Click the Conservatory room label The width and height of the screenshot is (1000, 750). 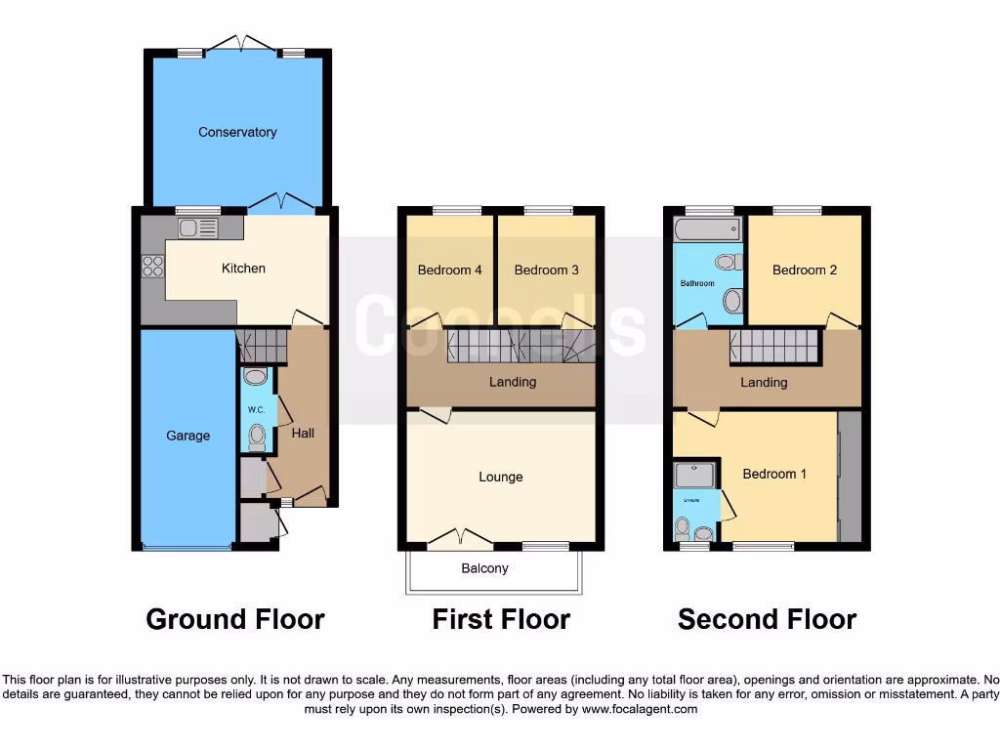pos(237,132)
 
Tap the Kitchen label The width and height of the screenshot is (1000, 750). pos(243,268)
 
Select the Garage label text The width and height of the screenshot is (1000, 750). pos(187,436)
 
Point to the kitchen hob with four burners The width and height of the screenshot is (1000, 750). pos(153,266)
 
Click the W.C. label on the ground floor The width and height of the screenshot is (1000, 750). pos(256,410)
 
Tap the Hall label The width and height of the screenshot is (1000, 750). pos(302,432)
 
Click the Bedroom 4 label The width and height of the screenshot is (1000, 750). pos(449,271)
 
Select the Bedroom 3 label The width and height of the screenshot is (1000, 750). pos(546,271)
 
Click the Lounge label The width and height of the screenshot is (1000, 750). pos(500,477)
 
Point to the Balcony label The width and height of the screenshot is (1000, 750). pos(484,568)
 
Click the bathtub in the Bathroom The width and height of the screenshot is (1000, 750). pos(705,230)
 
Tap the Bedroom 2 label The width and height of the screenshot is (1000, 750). pos(805,271)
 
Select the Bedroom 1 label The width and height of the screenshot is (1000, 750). pos(774,474)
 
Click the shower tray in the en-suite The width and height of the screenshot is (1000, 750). pos(694,476)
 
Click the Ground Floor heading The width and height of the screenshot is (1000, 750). pos(234,619)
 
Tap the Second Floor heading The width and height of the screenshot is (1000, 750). pos(767,619)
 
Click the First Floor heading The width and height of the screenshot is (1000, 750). pos(501,619)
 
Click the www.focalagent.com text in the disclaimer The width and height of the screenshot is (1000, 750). pos(639,709)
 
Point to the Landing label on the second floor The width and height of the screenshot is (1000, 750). pos(764,383)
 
